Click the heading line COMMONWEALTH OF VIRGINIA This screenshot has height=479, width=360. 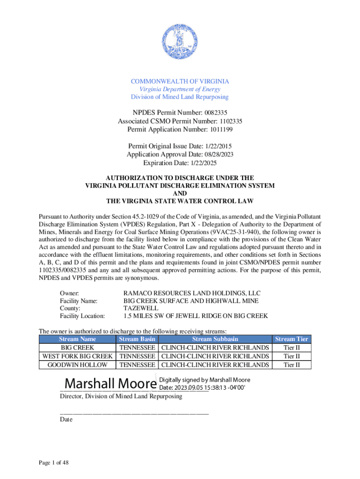(x=180, y=81)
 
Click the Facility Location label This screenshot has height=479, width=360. (x=82, y=316)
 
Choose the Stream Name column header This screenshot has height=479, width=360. (x=77, y=339)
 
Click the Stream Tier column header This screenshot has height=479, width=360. (x=291, y=339)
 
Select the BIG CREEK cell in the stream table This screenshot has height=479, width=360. (x=78, y=348)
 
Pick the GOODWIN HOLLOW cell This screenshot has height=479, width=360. (x=78, y=364)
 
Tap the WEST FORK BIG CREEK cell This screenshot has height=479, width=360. (x=78, y=356)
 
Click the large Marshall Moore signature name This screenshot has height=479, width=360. (x=110, y=384)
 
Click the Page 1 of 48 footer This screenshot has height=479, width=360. (x=54, y=463)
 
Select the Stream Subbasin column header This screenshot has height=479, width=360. (x=215, y=339)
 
